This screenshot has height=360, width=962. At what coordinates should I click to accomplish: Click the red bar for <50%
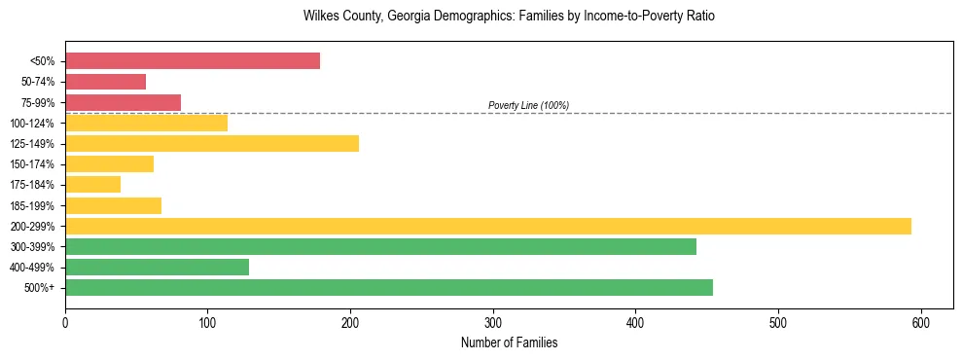[x=193, y=61]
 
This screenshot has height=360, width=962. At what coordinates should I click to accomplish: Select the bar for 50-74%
[x=105, y=82]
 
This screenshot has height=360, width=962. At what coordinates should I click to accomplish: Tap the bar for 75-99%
[x=123, y=102]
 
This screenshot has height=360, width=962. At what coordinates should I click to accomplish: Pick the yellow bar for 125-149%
[x=212, y=143]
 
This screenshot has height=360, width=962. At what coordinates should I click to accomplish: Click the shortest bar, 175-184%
[x=92, y=184]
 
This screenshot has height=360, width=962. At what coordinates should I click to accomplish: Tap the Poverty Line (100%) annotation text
[x=528, y=105]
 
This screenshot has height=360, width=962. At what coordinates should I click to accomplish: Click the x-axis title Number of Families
[x=509, y=342]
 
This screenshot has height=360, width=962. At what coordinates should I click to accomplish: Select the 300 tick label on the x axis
[x=493, y=322]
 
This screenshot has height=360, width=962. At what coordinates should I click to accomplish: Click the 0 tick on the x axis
[x=65, y=322]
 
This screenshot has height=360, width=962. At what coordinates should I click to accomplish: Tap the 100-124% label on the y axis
[x=33, y=124]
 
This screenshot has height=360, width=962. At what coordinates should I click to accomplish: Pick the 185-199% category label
[x=33, y=205]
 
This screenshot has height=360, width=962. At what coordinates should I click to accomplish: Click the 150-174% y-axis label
[x=33, y=164]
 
